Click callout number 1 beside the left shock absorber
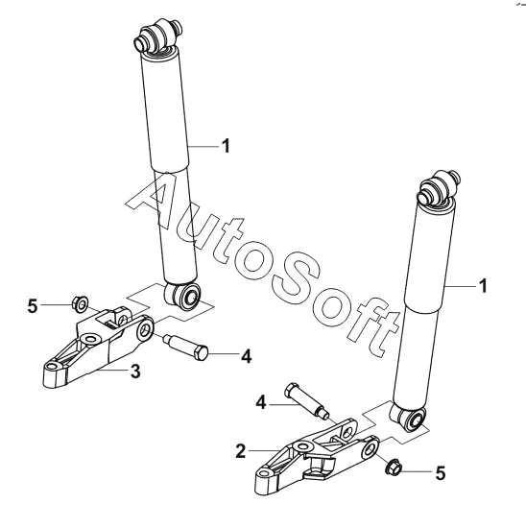click(x=226, y=146)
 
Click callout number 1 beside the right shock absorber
click(x=483, y=286)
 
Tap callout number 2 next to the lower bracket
click(x=241, y=451)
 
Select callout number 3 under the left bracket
click(x=135, y=372)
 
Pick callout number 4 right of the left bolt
click(x=247, y=356)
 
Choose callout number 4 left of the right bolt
click(x=261, y=402)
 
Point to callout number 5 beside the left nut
click(x=33, y=306)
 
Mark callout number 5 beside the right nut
click(x=441, y=472)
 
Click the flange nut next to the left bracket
click(x=80, y=304)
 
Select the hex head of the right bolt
click(x=291, y=390)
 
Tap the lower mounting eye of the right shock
click(x=409, y=420)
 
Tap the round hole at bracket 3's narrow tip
click(x=52, y=366)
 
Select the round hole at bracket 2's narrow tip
click(x=265, y=471)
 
